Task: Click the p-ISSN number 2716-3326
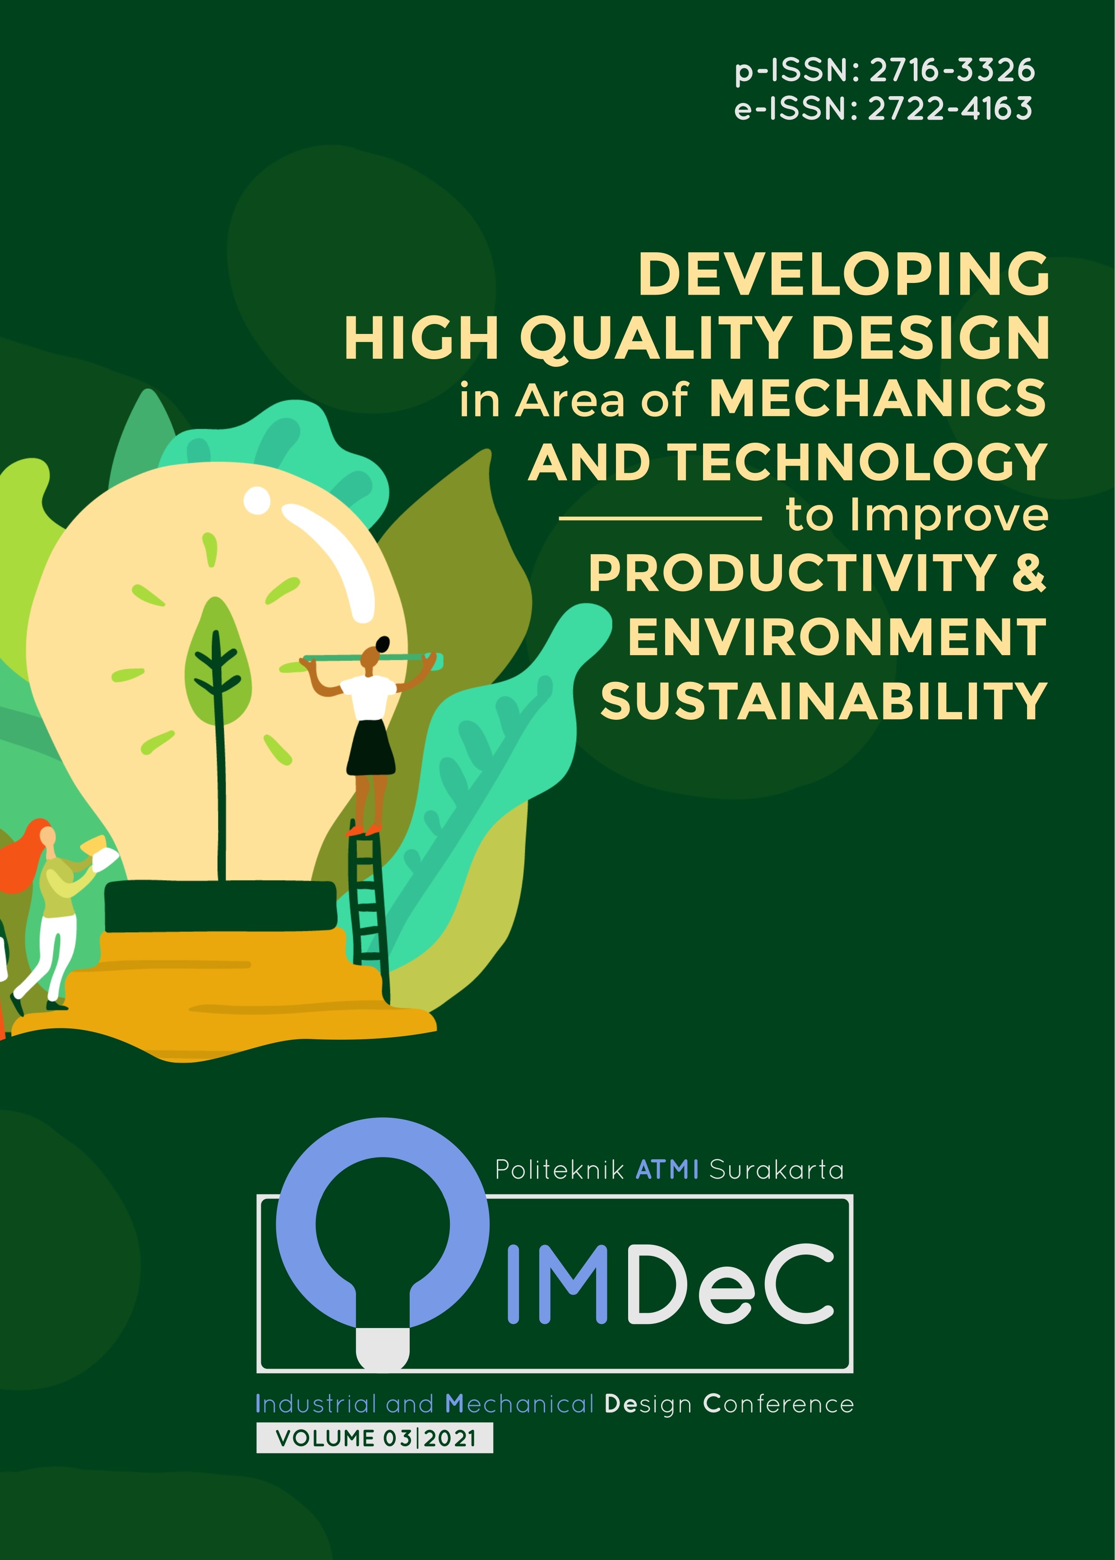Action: tap(952, 70)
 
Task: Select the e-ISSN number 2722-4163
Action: tap(950, 108)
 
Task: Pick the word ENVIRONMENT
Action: tap(837, 637)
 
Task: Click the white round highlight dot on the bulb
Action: tap(258, 500)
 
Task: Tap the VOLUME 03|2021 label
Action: tap(375, 1438)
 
